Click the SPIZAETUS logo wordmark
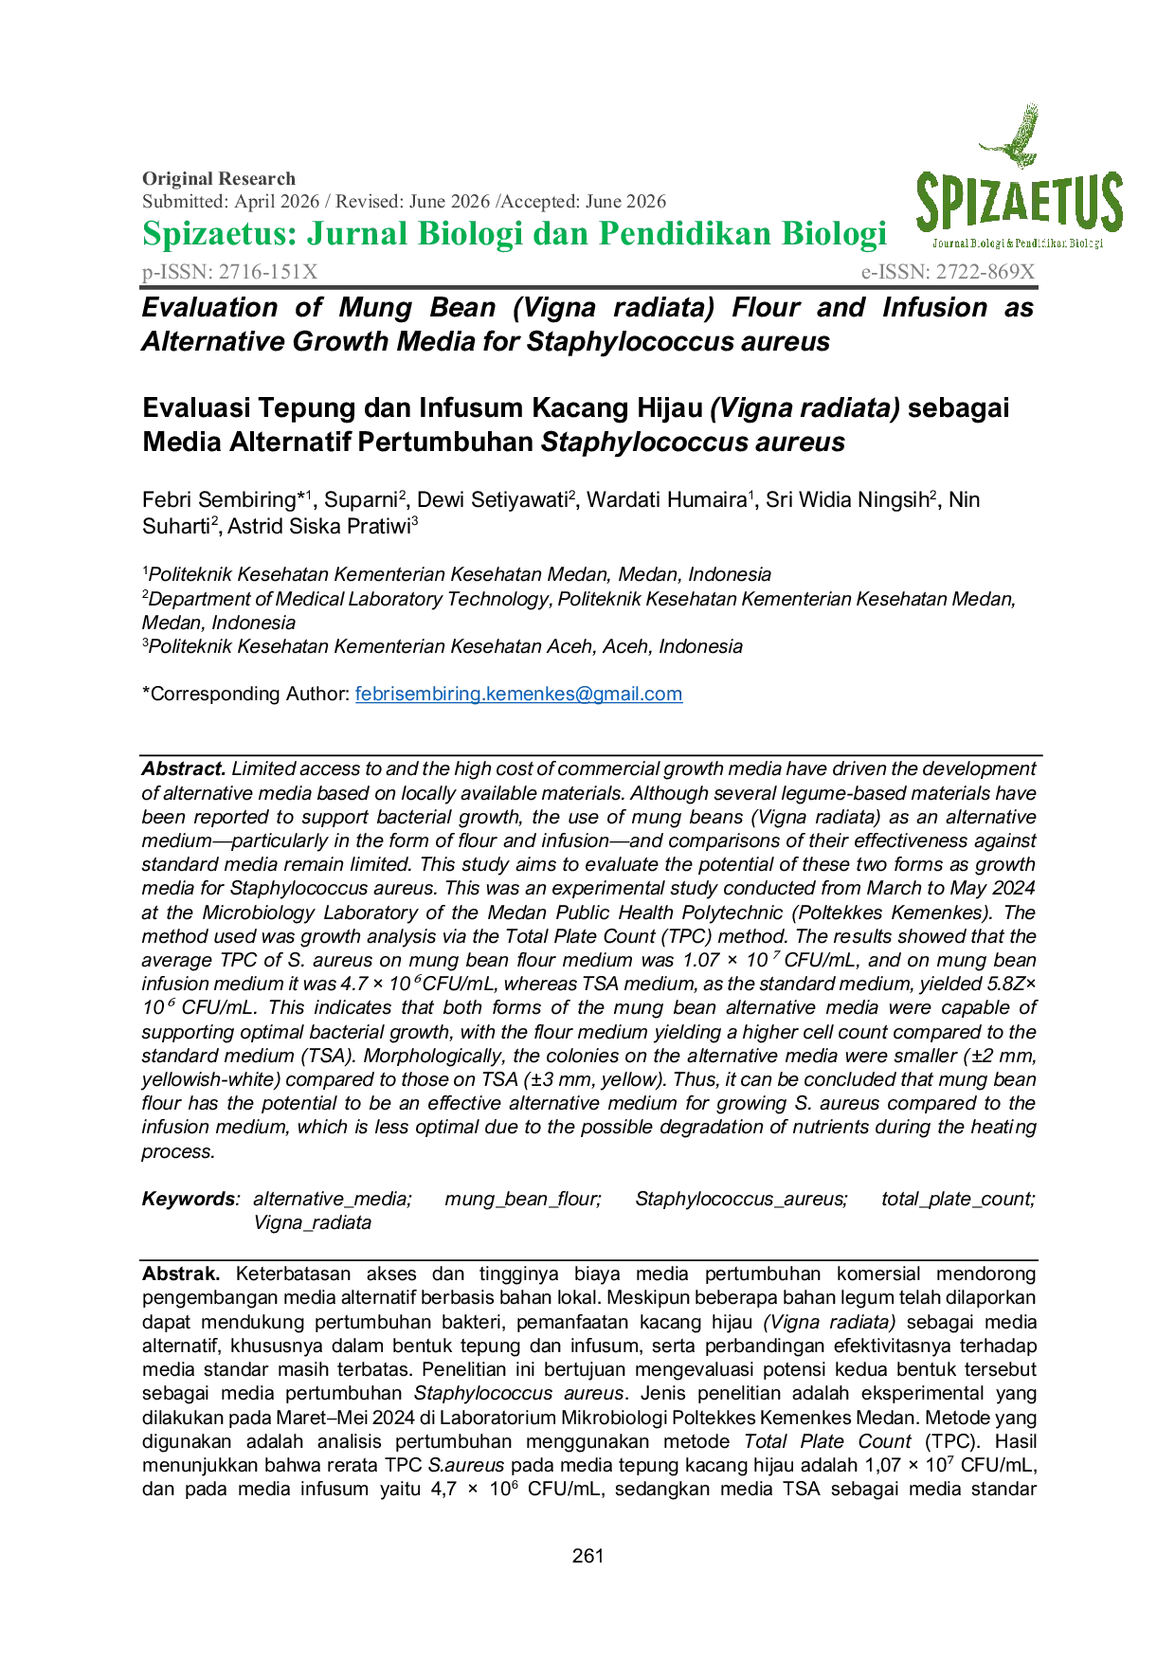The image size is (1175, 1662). click(1019, 204)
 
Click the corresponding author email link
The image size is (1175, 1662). click(518, 694)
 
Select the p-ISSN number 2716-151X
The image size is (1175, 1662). click(268, 272)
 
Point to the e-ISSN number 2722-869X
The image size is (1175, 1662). click(985, 272)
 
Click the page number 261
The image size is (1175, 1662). click(587, 1556)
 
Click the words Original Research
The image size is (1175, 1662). click(219, 178)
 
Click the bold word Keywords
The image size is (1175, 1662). click(188, 1199)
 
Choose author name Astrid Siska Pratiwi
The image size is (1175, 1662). click(319, 527)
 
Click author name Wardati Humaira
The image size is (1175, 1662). click(666, 500)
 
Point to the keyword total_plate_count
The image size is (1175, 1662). click(958, 1199)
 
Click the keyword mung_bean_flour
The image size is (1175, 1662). click(523, 1199)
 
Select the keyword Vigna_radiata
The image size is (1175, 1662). click(312, 1222)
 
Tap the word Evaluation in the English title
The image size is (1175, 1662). click(209, 308)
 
